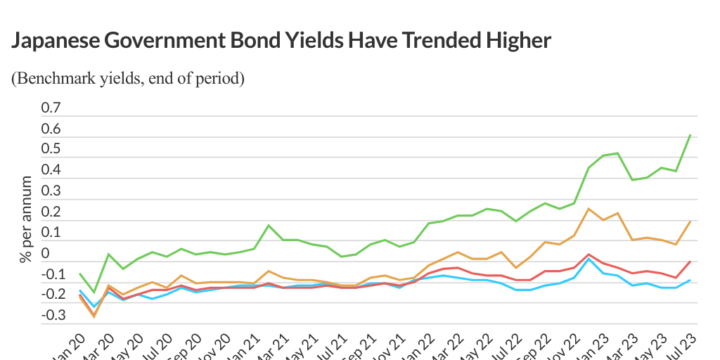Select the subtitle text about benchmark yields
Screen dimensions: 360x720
pos(128,78)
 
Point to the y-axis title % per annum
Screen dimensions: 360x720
pos(26,219)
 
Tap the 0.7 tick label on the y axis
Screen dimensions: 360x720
pos(52,108)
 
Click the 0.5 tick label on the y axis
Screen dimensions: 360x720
pos(52,149)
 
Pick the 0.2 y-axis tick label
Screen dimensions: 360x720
pos(52,212)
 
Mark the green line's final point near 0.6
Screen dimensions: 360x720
pos(690,135)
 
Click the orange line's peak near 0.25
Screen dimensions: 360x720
pos(589,209)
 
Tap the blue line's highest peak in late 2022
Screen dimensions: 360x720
pos(589,259)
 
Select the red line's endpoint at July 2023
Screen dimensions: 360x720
pos(690,262)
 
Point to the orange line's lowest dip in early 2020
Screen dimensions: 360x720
pos(94,317)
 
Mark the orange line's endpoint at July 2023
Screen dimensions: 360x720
pos(690,221)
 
